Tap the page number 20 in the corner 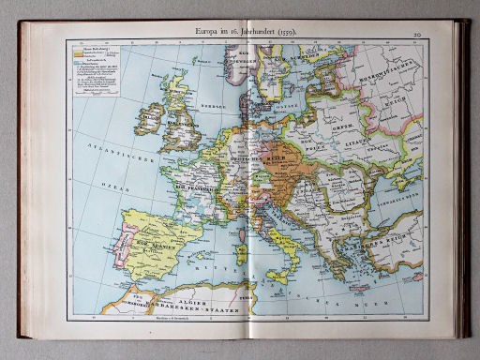pos(414,34)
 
